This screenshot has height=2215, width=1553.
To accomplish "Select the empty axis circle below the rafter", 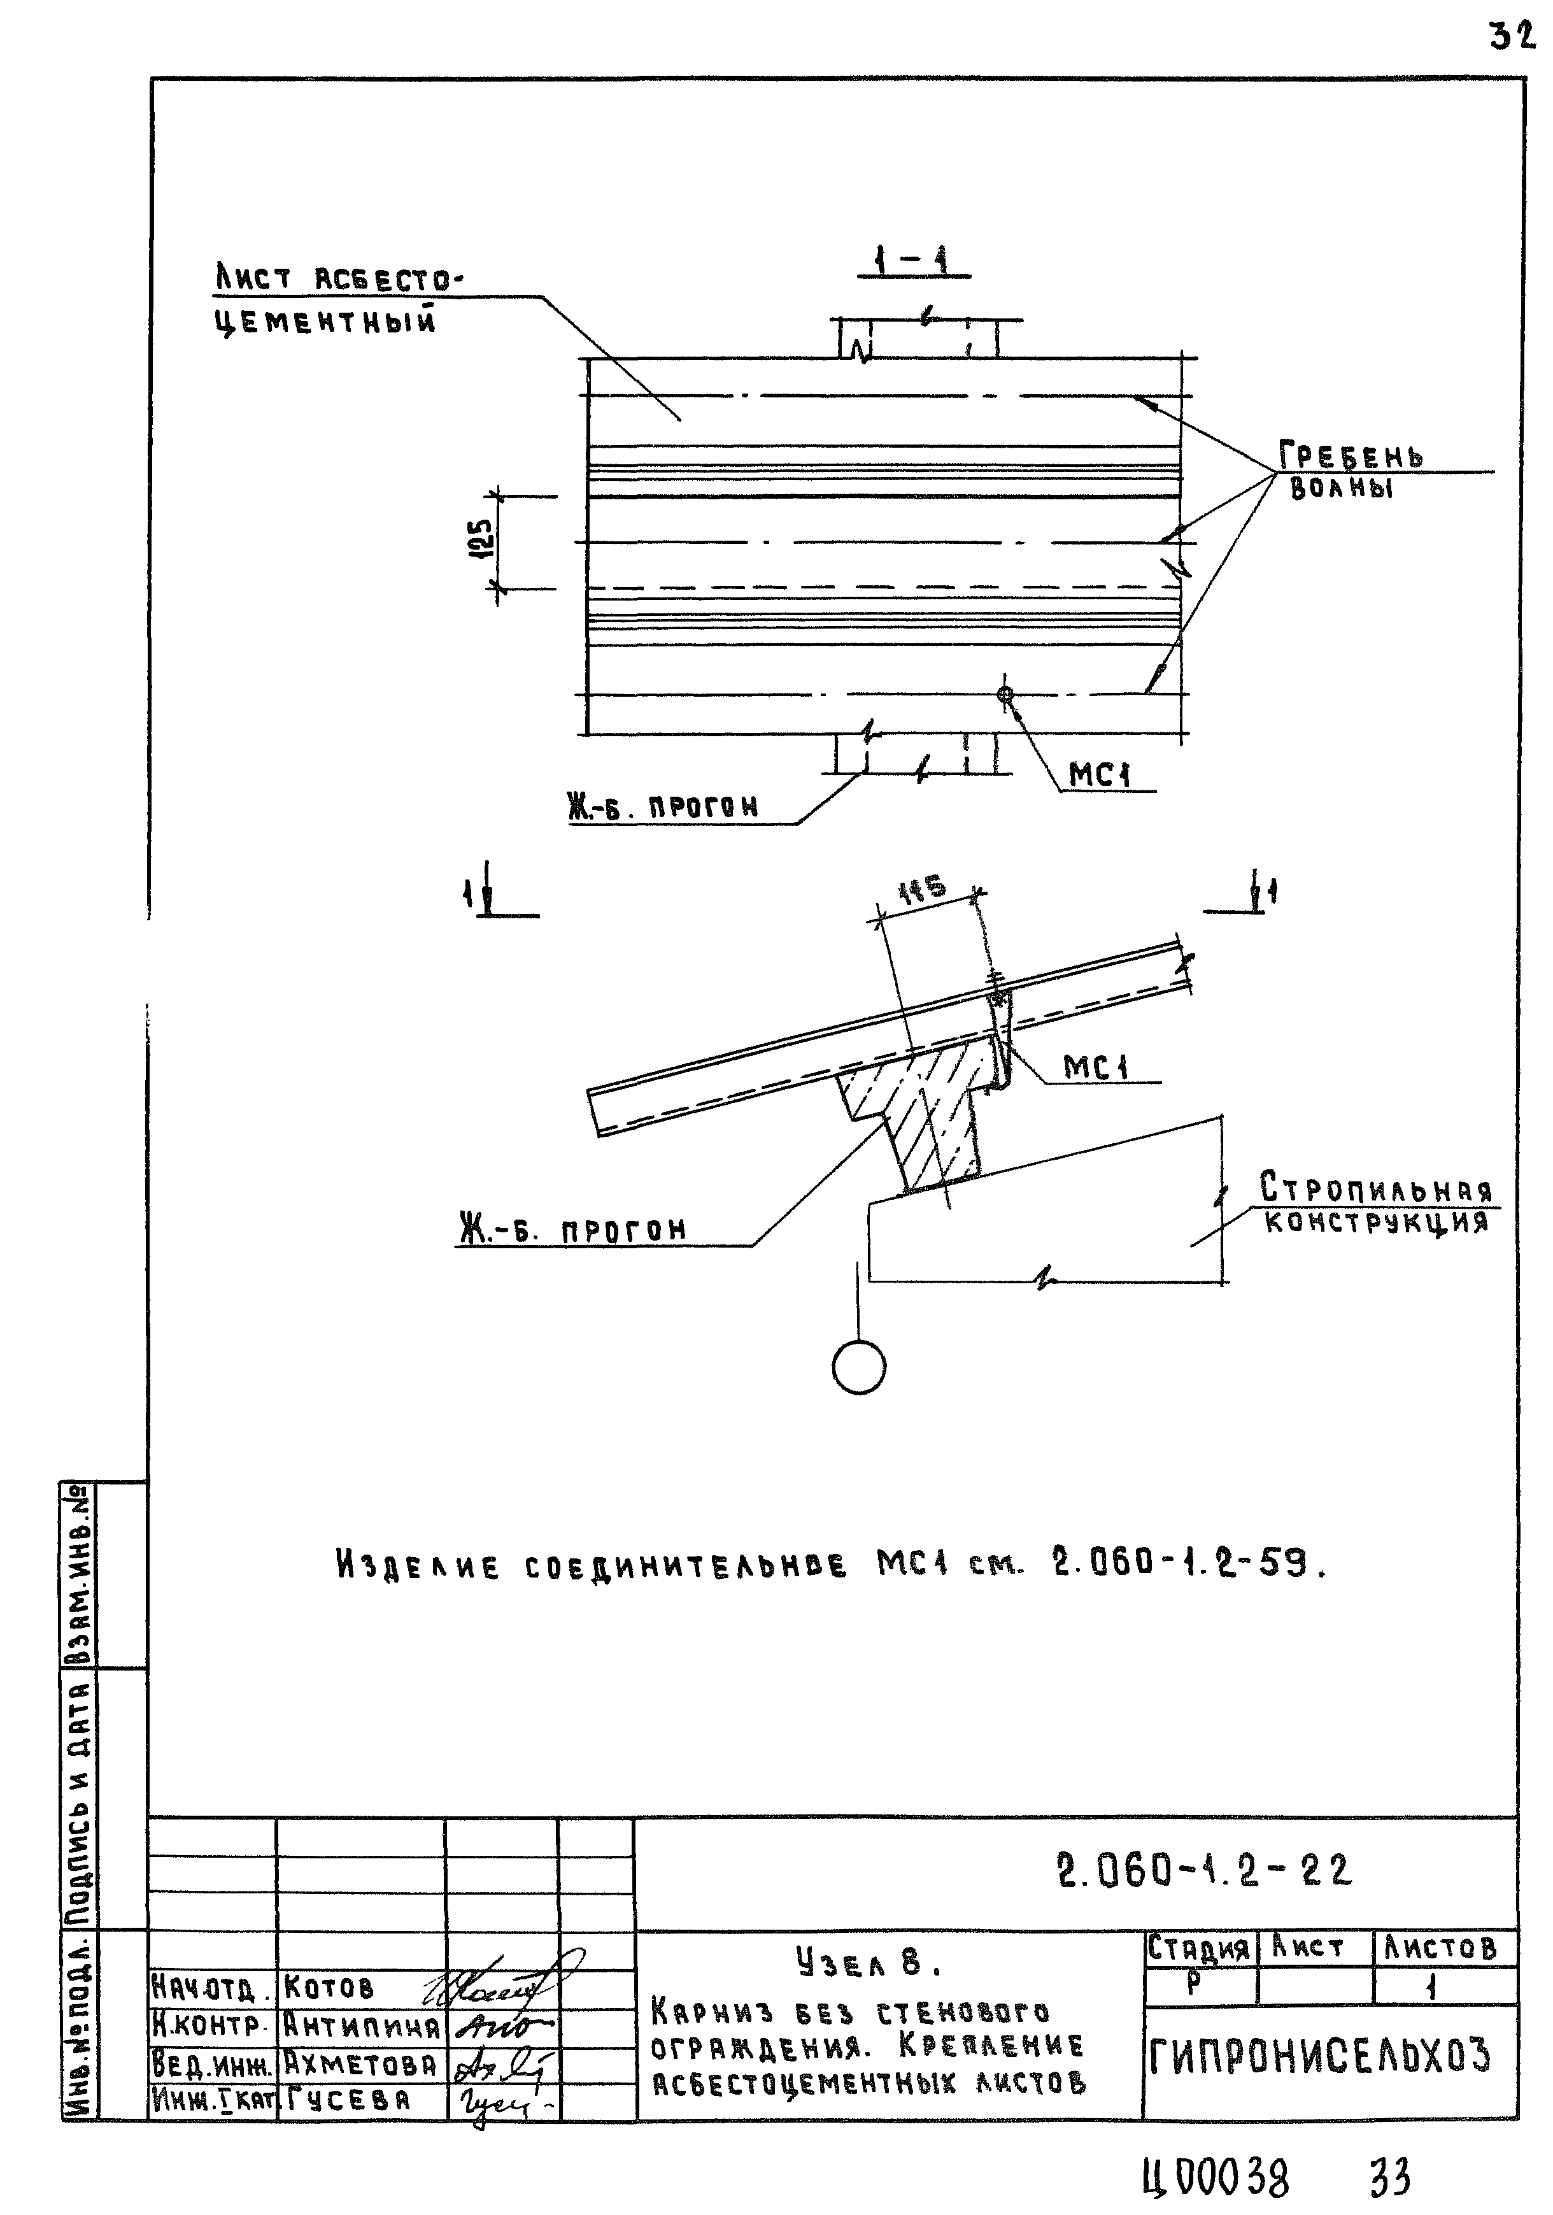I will click(858, 1367).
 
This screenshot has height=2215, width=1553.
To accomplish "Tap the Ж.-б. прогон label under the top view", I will click(663, 806).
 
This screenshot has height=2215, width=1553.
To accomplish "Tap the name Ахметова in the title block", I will click(361, 2065).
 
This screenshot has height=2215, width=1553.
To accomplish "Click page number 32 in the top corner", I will click(1510, 37).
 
